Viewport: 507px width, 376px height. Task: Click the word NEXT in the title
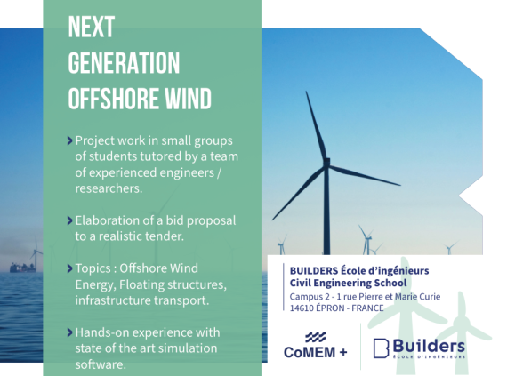[92, 27]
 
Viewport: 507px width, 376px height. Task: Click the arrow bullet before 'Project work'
[69, 140]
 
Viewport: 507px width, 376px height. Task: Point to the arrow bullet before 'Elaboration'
[69, 220]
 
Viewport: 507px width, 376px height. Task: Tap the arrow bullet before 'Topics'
[69, 268]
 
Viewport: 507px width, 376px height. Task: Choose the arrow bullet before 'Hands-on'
[69, 332]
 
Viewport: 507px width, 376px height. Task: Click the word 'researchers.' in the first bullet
[109, 188]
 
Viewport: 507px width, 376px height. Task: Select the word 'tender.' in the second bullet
[165, 236]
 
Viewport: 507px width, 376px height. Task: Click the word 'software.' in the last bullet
[101, 364]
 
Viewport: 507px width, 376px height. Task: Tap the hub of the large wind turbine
[327, 162]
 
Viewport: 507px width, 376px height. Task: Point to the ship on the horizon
[22, 268]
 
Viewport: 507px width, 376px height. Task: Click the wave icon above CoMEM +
[316, 337]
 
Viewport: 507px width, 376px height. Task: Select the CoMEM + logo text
[316, 352]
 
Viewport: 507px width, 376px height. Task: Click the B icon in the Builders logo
[381, 348]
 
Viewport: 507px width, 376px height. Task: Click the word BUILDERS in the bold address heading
[310, 271]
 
